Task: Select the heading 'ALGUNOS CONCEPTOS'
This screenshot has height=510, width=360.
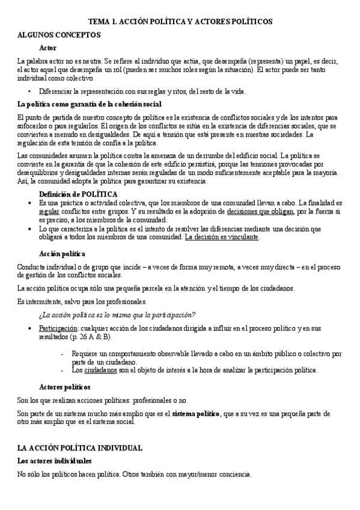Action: click(x=59, y=34)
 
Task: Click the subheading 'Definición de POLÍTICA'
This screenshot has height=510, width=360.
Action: click(x=78, y=194)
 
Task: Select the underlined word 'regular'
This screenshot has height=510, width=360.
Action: click(x=49, y=212)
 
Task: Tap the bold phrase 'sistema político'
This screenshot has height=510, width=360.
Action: click(x=196, y=414)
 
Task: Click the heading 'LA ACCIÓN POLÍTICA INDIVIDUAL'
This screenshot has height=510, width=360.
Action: click(x=79, y=448)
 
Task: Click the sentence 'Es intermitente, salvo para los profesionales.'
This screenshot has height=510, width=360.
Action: click(x=81, y=301)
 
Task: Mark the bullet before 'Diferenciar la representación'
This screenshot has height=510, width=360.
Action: click(x=30, y=91)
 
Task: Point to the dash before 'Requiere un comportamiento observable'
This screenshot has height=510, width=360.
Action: click(x=63, y=354)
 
